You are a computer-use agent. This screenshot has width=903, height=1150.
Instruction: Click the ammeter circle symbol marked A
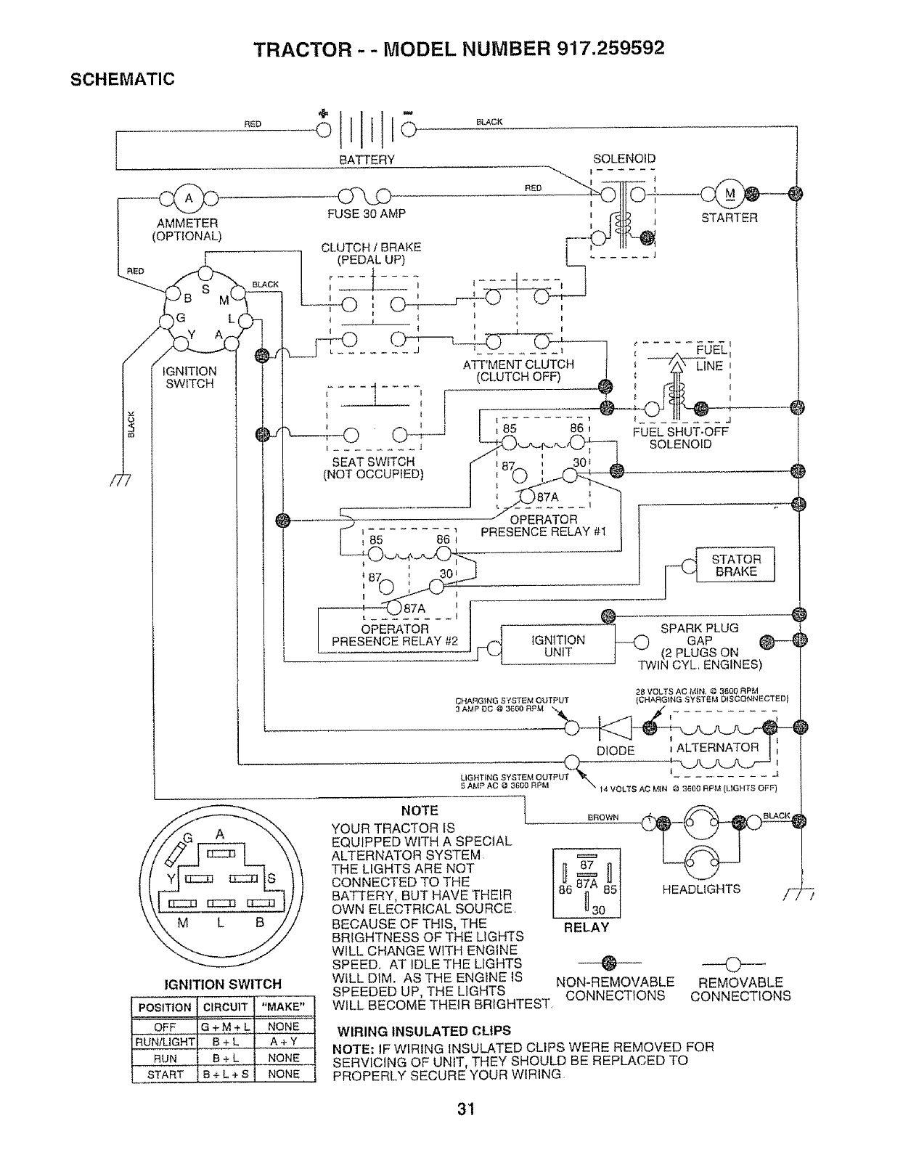[x=189, y=197]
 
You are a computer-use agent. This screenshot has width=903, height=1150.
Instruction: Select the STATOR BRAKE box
[x=735, y=565]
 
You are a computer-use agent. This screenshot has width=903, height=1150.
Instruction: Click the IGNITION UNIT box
[x=557, y=645]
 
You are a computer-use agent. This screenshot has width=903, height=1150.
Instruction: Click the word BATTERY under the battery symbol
[x=367, y=160]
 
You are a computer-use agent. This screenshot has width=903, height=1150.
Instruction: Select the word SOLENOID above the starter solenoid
[x=624, y=158]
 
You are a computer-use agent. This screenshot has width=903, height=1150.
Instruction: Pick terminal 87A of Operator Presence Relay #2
[x=394, y=608]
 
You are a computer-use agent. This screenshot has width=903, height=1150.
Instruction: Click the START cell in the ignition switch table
[x=165, y=1074]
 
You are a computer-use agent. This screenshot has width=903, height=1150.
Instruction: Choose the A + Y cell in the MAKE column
[x=283, y=1042]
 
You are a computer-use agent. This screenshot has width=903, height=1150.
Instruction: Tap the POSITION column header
[x=165, y=1007]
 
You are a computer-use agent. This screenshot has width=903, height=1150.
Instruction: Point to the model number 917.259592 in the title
[x=610, y=48]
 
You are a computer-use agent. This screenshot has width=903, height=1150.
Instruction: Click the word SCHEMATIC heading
[x=123, y=79]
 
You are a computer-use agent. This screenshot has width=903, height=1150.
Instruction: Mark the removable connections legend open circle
[x=733, y=963]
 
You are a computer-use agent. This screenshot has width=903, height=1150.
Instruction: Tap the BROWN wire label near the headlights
[x=602, y=817]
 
